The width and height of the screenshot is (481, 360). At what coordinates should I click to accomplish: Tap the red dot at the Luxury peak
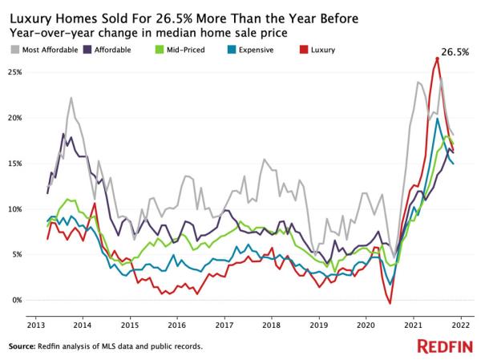437,59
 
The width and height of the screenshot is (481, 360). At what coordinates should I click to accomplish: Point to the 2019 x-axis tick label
318,327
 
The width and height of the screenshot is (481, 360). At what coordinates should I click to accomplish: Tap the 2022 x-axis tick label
461,327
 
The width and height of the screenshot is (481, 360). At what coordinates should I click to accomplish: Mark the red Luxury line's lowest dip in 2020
390,303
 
